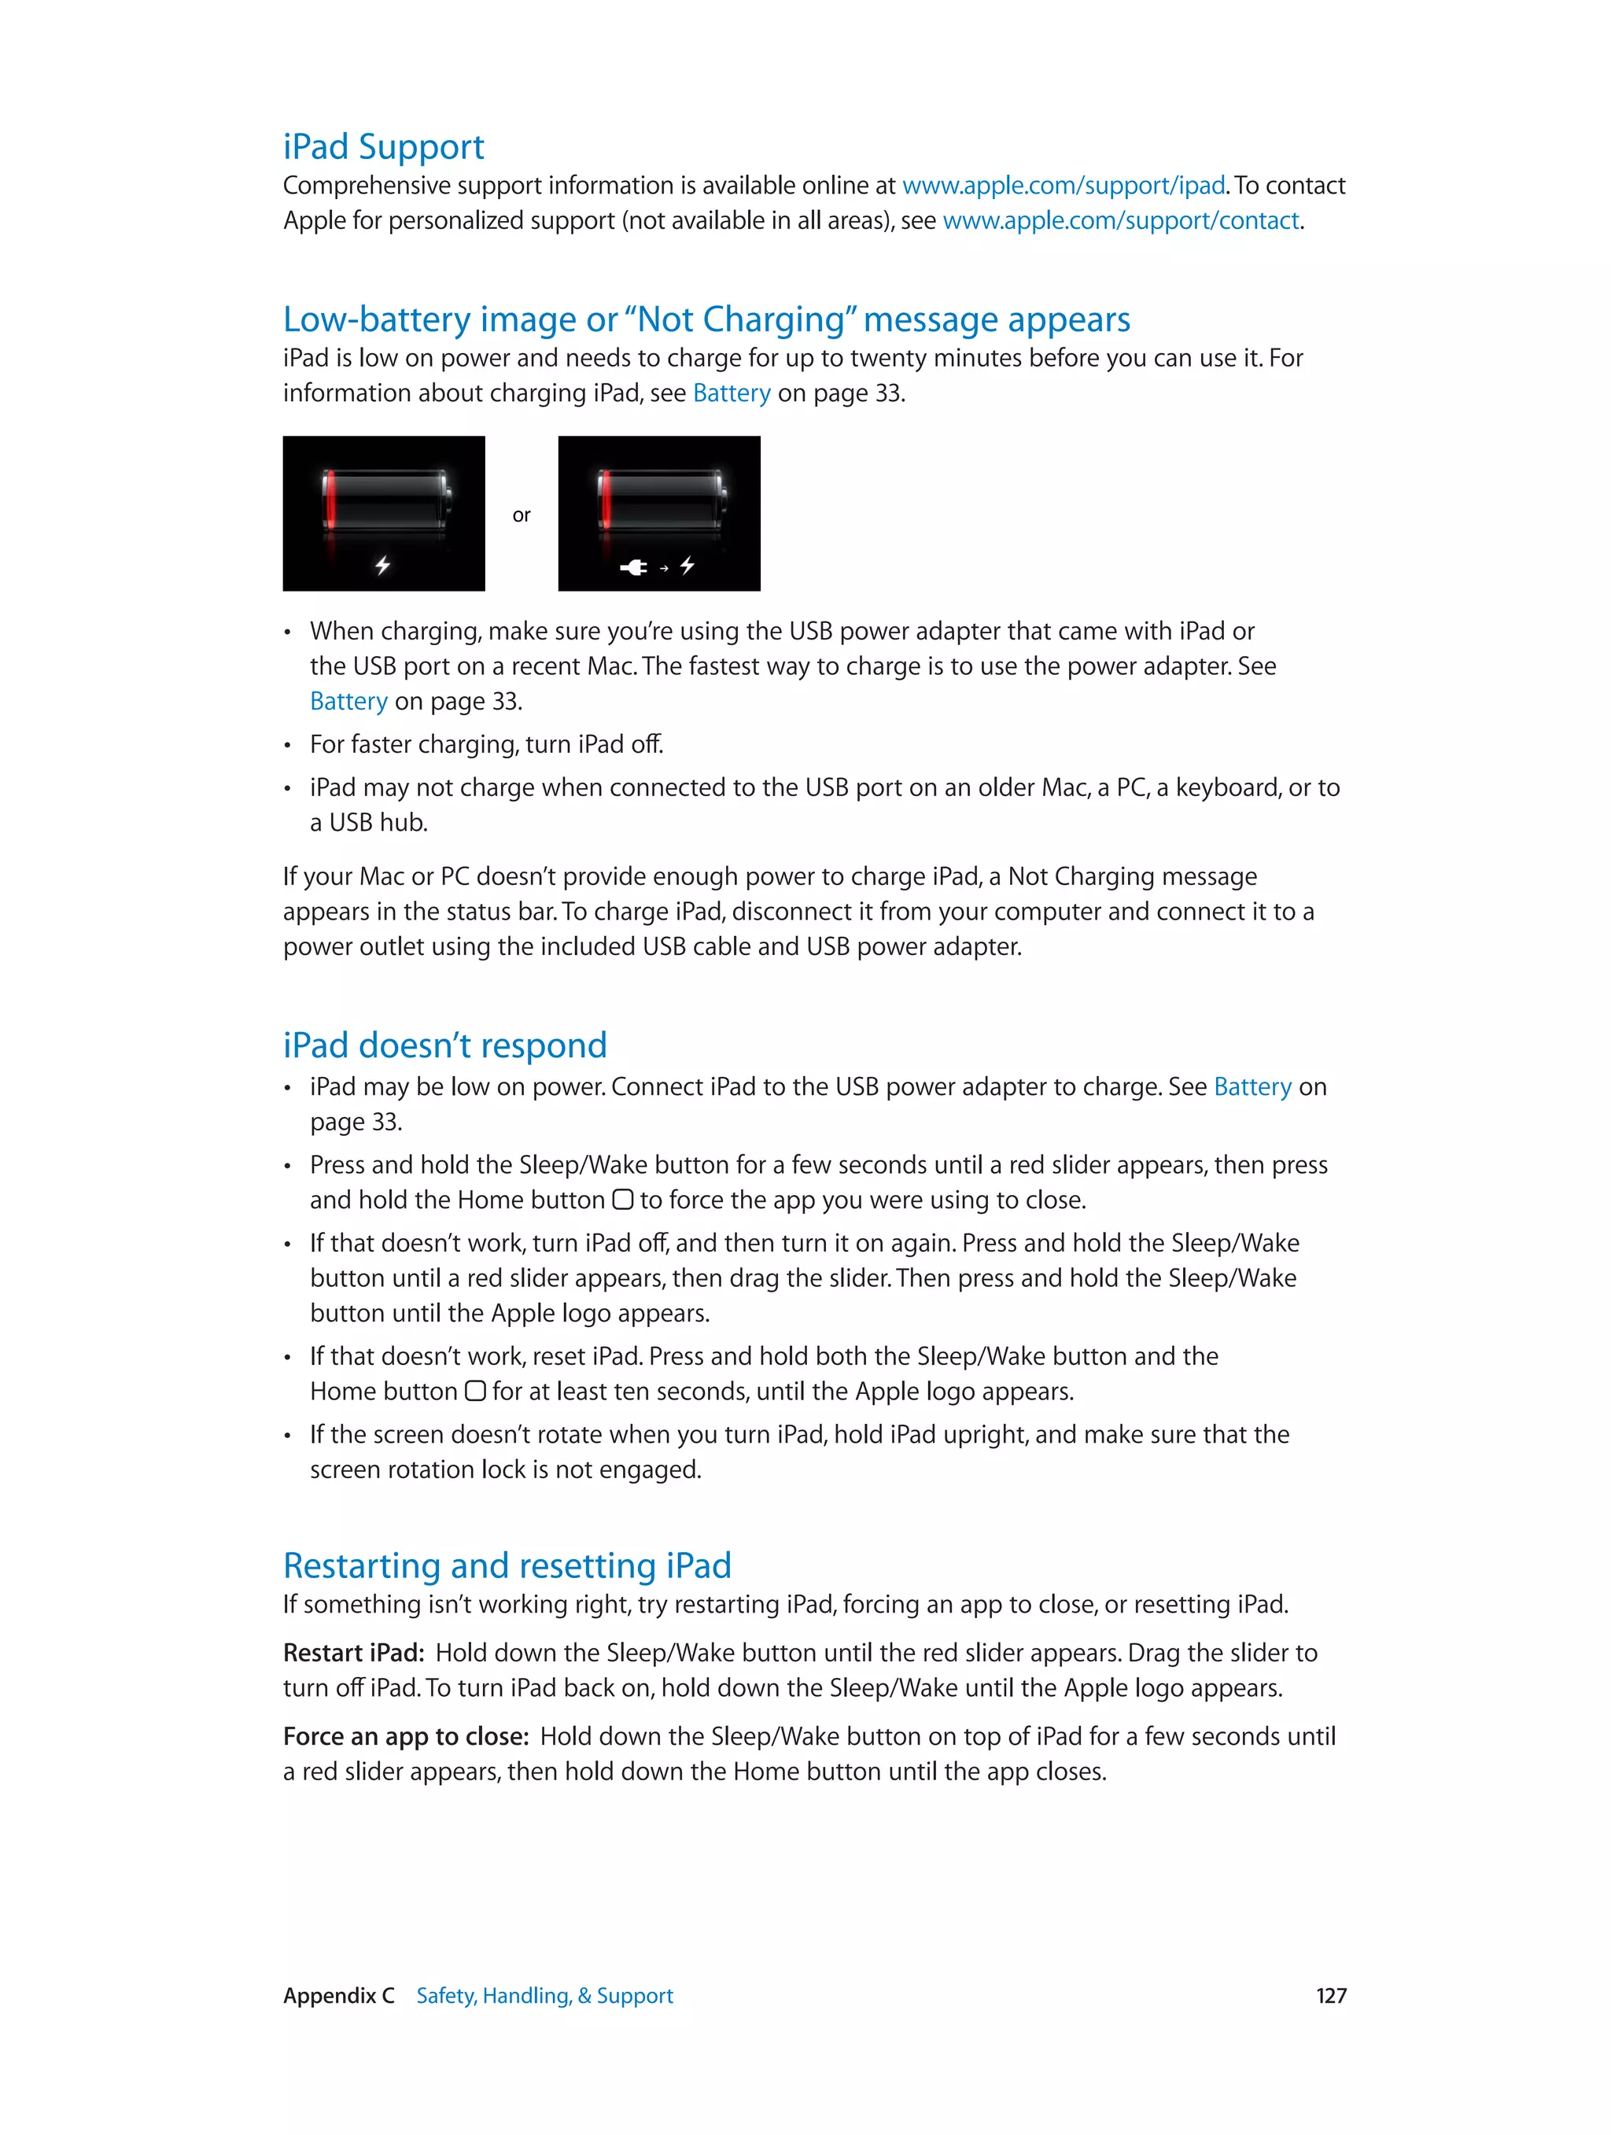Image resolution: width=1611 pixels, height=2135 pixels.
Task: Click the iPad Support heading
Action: pyautogui.click(x=383, y=146)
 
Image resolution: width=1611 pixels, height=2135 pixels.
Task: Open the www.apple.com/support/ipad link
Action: pyautogui.click(x=1063, y=186)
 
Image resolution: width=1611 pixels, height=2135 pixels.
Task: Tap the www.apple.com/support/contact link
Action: pyautogui.click(x=1119, y=221)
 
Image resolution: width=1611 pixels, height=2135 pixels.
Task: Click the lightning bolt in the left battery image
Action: pyautogui.click(x=383, y=565)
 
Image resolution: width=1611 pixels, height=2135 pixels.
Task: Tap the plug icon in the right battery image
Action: pyautogui.click(x=634, y=567)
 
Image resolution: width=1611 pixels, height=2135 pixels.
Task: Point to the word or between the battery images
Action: pyautogui.click(x=522, y=515)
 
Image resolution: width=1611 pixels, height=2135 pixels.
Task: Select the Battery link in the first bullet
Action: pyautogui.click(x=348, y=702)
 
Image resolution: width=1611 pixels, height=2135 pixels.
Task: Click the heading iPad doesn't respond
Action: pyautogui.click(x=445, y=1045)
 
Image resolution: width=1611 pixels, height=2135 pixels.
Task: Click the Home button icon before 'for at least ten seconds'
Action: pyautogui.click(x=475, y=1392)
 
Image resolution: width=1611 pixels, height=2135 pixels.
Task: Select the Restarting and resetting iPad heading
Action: pyautogui.click(x=507, y=1565)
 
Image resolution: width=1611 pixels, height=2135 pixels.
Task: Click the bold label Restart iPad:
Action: pyautogui.click(x=353, y=1654)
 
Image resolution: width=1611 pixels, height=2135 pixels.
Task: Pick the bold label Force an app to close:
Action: pyautogui.click(x=405, y=1737)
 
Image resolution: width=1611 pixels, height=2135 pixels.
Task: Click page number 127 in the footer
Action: pyautogui.click(x=1330, y=1996)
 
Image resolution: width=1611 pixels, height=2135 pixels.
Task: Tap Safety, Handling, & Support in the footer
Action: pyautogui.click(x=544, y=1996)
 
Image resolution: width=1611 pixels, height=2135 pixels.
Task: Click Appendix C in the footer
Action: pyautogui.click(x=339, y=1996)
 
